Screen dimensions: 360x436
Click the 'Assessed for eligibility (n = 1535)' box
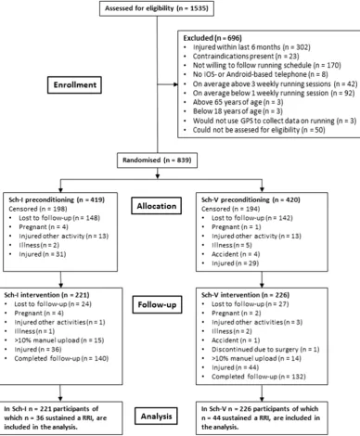point(157,8)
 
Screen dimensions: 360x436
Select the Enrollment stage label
point(74,85)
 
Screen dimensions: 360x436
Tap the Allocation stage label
point(157,206)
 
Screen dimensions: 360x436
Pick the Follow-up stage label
point(157,305)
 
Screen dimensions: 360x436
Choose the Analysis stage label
point(156,417)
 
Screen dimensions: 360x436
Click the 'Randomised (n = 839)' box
point(157,160)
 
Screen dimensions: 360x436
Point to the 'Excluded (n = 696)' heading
point(212,38)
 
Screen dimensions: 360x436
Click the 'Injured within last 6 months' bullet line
point(251,47)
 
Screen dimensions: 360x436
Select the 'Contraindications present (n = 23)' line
point(246,57)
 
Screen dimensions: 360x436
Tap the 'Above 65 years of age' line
point(238,102)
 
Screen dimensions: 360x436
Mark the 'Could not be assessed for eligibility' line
point(259,130)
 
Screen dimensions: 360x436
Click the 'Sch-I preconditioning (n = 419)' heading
point(57,199)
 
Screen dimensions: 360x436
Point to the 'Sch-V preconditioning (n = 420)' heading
point(251,199)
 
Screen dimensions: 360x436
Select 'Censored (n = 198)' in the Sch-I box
point(33,209)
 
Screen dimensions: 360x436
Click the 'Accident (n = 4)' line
point(236,254)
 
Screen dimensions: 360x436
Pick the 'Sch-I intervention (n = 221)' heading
point(46,295)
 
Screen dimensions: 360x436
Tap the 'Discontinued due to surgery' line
point(265,350)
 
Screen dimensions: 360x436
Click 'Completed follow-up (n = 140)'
point(61,358)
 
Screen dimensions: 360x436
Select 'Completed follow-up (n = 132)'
point(259,377)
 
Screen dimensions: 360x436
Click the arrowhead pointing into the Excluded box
point(176,84)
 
